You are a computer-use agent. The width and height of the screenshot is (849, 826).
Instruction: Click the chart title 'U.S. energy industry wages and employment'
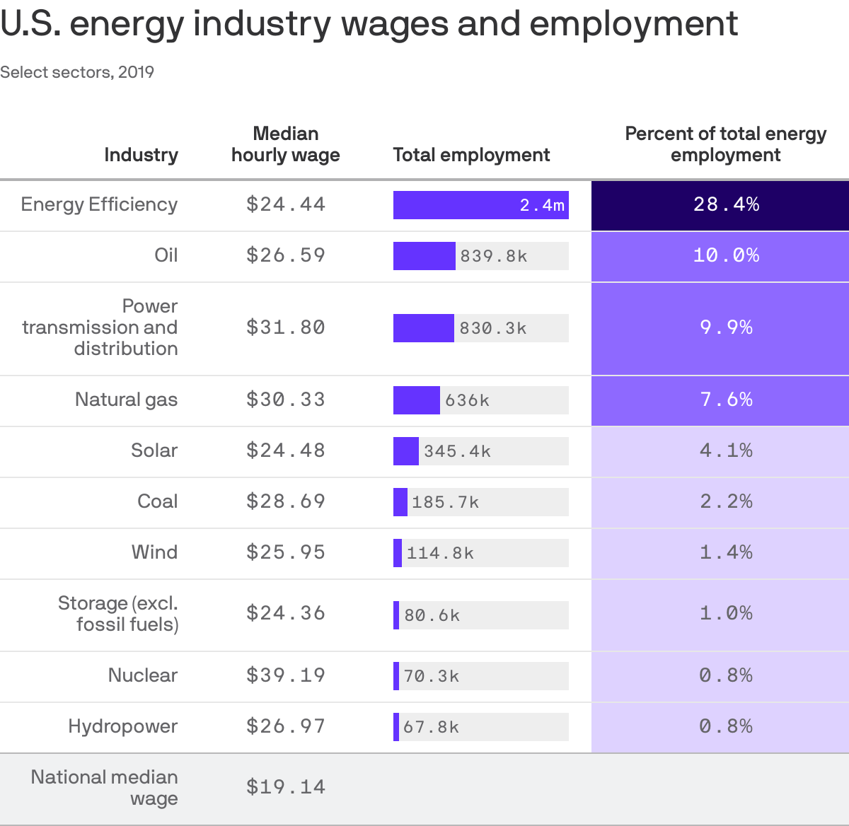[369, 24]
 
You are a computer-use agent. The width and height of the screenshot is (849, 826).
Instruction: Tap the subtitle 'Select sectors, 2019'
[77, 72]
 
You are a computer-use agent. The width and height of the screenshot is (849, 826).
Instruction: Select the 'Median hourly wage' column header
[286, 144]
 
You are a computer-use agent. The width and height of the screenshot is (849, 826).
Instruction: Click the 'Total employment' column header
[471, 155]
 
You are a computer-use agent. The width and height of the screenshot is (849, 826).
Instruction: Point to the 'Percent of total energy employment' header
[725, 144]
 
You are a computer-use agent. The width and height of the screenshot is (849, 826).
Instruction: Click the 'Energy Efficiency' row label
[99, 204]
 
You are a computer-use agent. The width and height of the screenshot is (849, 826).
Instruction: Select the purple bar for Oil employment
[424, 256]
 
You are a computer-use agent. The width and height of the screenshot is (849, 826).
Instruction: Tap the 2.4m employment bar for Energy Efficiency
[480, 205]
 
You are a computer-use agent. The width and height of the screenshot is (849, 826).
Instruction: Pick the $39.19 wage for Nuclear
[286, 675]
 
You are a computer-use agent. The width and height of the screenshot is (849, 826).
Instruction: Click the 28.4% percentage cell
[726, 205]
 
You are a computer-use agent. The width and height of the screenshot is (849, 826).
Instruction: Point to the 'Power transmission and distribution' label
[100, 327]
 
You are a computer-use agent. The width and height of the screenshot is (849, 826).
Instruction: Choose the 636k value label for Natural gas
[467, 400]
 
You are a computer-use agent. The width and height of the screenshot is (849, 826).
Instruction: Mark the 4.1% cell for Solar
[726, 451]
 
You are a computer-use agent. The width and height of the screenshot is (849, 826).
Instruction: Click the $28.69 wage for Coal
[286, 501]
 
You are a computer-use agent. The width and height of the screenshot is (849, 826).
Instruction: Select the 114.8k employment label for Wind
[440, 553]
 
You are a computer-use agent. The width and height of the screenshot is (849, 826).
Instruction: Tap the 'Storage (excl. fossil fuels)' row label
[118, 614]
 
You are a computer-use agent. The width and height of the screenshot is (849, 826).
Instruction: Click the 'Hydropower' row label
[122, 726]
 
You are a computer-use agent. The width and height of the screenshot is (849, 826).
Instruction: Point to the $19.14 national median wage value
[286, 787]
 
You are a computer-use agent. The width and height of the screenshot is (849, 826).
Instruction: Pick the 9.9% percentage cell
[726, 328]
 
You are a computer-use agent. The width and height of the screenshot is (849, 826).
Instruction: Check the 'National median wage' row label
[105, 787]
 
